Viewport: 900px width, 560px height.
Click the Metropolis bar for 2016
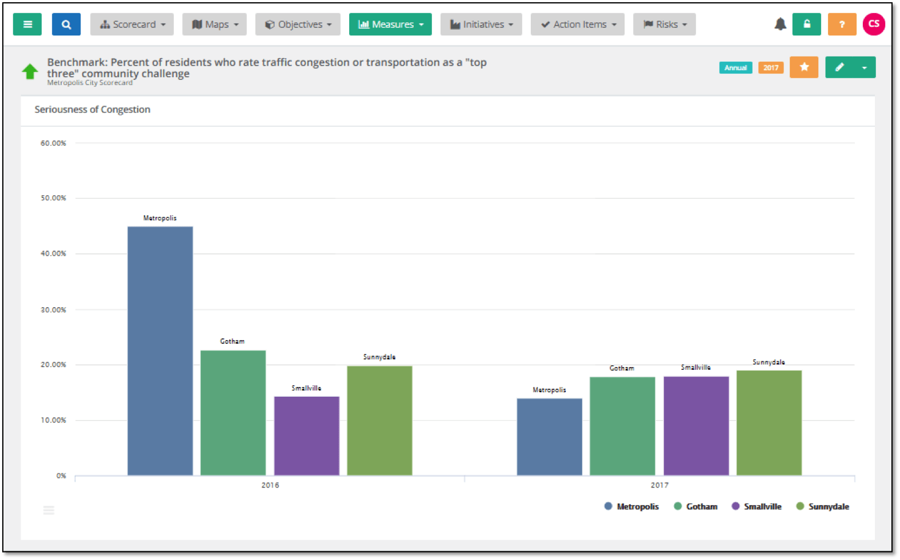(160, 350)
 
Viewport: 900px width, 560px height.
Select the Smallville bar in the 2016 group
(306, 436)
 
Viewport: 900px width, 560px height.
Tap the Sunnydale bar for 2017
(769, 422)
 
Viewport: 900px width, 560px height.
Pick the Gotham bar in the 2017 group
(622, 426)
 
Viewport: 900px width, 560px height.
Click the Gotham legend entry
(696, 506)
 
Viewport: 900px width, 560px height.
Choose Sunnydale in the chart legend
(823, 506)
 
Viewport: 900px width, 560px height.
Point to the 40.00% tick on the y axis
(53, 253)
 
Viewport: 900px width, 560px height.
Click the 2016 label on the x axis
(270, 485)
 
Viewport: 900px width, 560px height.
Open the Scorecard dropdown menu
(132, 25)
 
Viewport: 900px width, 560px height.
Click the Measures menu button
(390, 25)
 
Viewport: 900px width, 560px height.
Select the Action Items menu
(578, 25)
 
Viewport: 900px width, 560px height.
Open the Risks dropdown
(665, 25)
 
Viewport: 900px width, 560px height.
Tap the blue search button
(66, 25)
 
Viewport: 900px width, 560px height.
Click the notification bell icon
(780, 25)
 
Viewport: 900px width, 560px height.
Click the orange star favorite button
(804, 67)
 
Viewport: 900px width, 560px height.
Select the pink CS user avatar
(874, 24)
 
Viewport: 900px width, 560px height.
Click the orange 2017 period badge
(771, 68)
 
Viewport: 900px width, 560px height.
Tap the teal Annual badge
(735, 68)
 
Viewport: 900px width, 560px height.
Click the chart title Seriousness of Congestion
(93, 110)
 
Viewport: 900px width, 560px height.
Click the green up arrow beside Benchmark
(30, 71)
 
